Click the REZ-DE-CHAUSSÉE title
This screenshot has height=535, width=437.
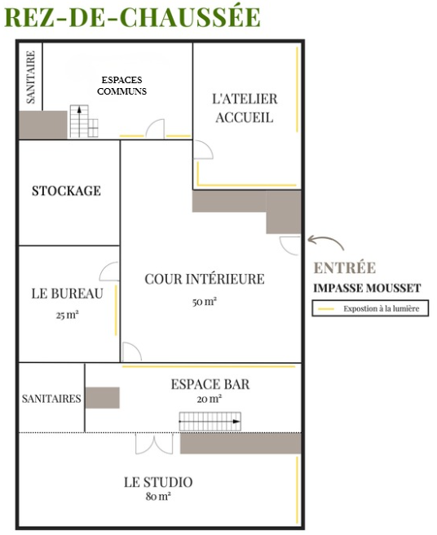[132, 17]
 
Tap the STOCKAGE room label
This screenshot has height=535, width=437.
[67, 191]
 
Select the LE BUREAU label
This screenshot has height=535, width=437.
[67, 294]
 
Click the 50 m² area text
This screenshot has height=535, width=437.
[205, 301]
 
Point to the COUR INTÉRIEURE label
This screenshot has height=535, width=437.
[205, 279]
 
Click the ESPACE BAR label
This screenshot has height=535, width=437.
[210, 385]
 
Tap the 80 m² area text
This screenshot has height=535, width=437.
[158, 496]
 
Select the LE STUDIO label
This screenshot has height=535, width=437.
[158, 482]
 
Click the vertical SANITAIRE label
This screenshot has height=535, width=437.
[31, 77]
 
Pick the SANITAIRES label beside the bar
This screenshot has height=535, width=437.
[51, 399]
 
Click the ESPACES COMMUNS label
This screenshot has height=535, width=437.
[121, 86]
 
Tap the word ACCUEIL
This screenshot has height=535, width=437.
[245, 117]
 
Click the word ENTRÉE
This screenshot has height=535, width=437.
[345, 267]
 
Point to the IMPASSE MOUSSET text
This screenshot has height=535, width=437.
[367, 288]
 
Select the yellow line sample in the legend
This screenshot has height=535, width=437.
[326, 309]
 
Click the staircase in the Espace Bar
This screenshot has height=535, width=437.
[210, 422]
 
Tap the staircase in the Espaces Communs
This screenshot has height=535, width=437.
[84, 122]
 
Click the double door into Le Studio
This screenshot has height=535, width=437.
[154, 444]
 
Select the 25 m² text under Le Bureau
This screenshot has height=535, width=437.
[67, 315]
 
